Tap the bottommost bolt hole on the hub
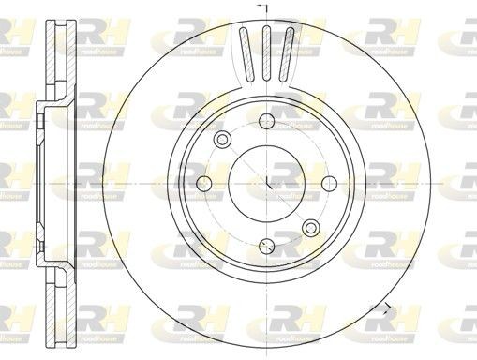pos(266,246)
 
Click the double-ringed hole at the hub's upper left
pos(222,140)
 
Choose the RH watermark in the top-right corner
pos(459,36)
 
